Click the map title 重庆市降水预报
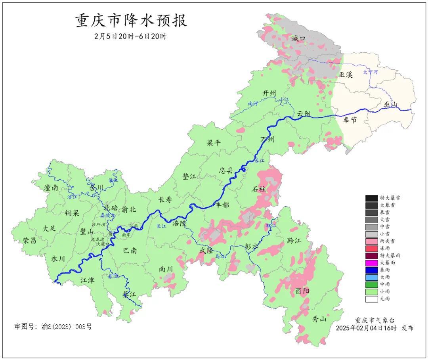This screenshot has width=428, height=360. point(131,21)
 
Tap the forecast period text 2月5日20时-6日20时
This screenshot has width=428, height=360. point(131,36)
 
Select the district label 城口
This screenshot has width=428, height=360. point(298,38)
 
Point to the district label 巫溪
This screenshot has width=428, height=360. point(346,75)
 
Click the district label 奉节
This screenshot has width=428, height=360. point(350,120)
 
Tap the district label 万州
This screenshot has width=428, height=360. point(267,139)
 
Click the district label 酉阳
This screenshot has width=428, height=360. point(302,291)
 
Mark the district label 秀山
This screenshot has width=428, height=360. point(319,318)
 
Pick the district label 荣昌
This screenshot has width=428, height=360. point(29,240)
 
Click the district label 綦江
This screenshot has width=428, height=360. point(129,294)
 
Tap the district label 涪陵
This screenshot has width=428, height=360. point(179,223)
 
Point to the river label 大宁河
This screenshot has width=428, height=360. point(371,72)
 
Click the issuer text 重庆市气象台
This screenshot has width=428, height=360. point(374,320)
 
